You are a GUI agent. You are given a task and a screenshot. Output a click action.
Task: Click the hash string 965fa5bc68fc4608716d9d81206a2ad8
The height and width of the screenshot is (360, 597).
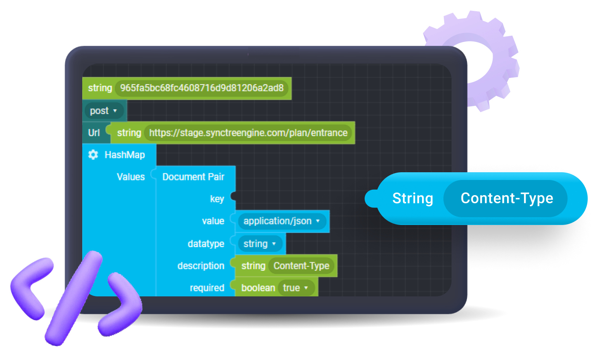click(x=202, y=88)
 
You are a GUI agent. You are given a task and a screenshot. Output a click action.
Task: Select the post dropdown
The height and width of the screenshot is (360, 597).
click(x=103, y=111)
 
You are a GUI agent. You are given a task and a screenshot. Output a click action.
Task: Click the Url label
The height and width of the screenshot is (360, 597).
click(x=94, y=133)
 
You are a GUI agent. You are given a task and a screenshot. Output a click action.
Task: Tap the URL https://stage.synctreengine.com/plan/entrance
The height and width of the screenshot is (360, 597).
click(x=248, y=133)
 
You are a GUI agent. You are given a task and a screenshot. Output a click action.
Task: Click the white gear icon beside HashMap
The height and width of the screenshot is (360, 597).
click(x=93, y=155)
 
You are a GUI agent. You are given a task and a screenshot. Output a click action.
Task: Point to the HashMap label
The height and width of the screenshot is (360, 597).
click(x=125, y=155)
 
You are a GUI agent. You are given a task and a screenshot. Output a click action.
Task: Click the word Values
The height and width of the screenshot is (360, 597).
click(x=131, y=177)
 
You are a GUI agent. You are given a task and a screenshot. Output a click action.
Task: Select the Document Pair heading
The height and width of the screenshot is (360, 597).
click(x=193, y=177)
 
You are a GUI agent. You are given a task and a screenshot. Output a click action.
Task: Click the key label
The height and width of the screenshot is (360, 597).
click(x=217, y=199)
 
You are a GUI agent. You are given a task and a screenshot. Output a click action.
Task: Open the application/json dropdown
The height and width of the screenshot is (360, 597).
click(x=282, y=221)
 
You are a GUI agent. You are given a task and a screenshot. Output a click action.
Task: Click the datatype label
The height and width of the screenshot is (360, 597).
click(x=206, y=244)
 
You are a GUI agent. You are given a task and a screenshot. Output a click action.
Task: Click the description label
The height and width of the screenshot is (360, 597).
click(x=201, y=266)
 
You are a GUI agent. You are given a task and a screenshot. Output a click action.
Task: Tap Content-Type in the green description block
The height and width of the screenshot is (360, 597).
click(x=301, y=266)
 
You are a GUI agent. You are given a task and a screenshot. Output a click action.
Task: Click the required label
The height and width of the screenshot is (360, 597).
click(x=207, y=288)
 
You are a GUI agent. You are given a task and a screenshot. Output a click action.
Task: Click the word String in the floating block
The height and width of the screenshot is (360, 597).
click(x=412, y=198)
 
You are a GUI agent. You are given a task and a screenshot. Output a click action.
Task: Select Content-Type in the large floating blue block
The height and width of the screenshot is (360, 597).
click(x=507, y=198)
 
